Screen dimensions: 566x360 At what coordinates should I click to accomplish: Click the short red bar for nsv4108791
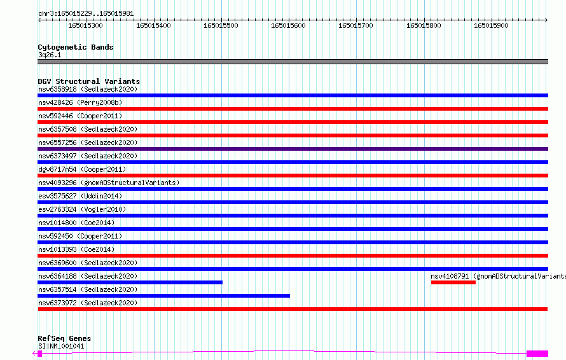coord(453,282)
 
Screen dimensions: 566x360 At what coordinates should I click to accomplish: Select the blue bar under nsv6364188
coord(130,282)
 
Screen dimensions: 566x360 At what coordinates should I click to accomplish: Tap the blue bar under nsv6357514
coord(163,296)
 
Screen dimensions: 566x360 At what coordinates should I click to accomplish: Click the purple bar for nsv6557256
coord(293,149)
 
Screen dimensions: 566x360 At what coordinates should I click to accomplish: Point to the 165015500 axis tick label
coord(221,25)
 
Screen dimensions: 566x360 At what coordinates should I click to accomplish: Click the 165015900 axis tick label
coord(491,25)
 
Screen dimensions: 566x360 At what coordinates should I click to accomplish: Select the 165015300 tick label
coord(86,25)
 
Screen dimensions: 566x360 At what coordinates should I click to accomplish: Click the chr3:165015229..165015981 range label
coord(86,13)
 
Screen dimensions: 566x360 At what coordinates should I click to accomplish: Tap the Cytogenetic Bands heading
coord(76,47)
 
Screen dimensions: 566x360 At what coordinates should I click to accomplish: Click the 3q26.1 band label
coord(50,55)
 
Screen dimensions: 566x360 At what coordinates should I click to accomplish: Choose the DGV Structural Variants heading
coord(89,81)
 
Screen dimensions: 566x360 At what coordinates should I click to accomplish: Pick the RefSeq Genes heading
coord(64,338)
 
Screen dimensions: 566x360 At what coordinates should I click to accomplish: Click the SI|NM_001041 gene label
coord(61,346)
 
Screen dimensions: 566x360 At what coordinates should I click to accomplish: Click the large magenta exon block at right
coord(537,354)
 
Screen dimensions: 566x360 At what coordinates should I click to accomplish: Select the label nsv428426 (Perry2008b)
coord(80,102)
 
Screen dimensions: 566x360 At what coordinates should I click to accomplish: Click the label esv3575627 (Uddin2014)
coord(80,196)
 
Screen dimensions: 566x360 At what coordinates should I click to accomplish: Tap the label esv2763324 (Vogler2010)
coord(82,209)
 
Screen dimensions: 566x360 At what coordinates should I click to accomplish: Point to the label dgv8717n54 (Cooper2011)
coord(82,169)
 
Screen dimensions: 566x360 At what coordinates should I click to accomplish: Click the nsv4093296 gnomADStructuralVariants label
coord(109,183)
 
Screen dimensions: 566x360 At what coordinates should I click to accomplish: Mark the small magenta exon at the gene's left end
coord(39,354)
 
